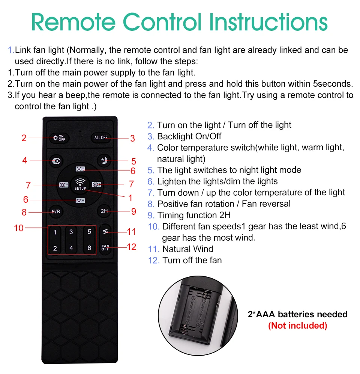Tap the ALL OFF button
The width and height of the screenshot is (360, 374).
click(x=101, y=138)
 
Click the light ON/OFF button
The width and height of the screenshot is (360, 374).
click(x=59, y=138)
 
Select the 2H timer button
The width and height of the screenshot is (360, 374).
click(x=104, y=211)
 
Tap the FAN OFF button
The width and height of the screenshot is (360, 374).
click(x=105, y=247)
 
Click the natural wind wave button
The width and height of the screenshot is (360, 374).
click(x=105, y=231)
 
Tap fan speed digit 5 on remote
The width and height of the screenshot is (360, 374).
click(x=89, y=232)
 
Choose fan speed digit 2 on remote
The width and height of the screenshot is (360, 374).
click(x=55, y=248)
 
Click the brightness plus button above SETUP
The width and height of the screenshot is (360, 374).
click(x=80, y=169)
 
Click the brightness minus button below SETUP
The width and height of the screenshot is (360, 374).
click(x=80, y=201)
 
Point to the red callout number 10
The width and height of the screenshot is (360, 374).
click(x=19, y=228)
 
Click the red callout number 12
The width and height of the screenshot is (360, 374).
click(x=132, y=247)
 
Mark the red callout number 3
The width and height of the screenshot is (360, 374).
click(x=132, y=138)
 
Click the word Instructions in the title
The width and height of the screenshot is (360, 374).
click(x=268, y=22)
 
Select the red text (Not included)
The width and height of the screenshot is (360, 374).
click(x=298, y=326)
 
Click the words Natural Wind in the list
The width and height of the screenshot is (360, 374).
click(x=188, y=249)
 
